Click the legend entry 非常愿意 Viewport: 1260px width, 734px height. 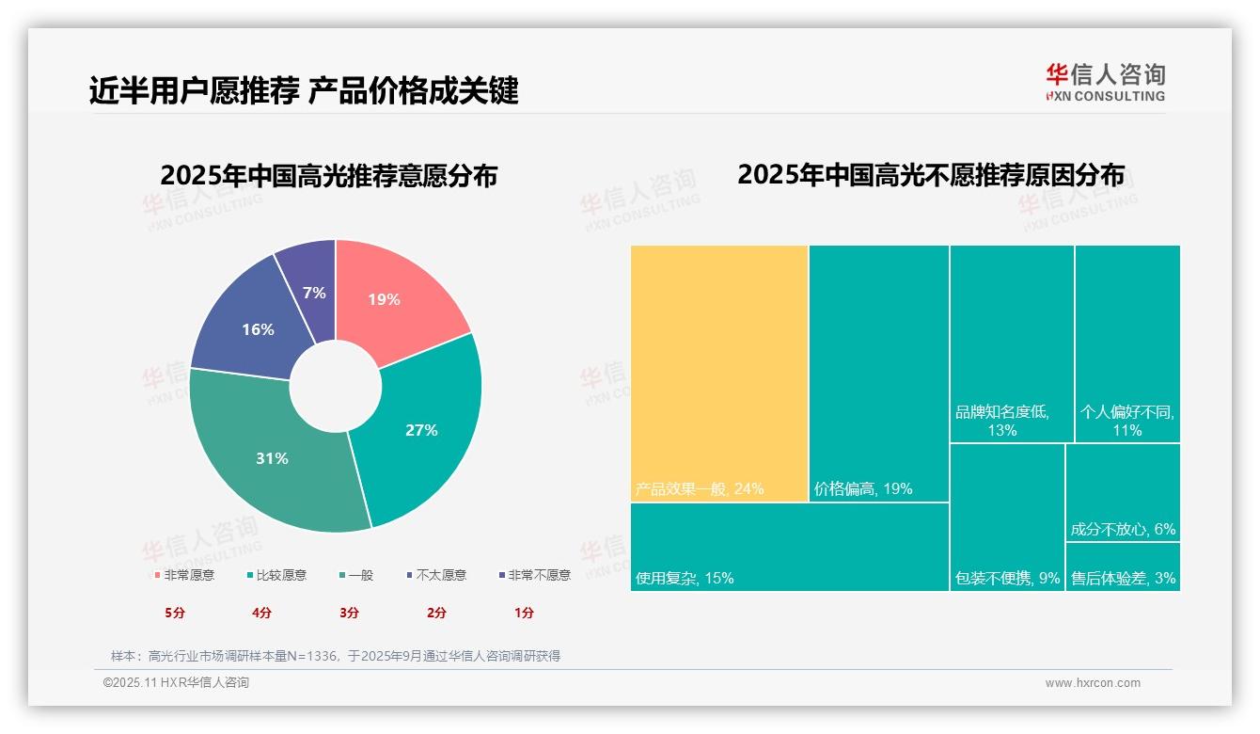pos(184,575)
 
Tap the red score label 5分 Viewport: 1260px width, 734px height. pos(175,613)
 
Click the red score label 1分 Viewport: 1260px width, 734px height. pos(524,613)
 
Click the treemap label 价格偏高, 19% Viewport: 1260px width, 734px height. pos(863,488)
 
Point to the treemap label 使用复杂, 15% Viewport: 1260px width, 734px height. pos(685,578)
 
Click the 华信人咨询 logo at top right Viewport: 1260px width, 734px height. pos(1105,82)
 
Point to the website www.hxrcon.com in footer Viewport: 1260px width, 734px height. pos(1093,683)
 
